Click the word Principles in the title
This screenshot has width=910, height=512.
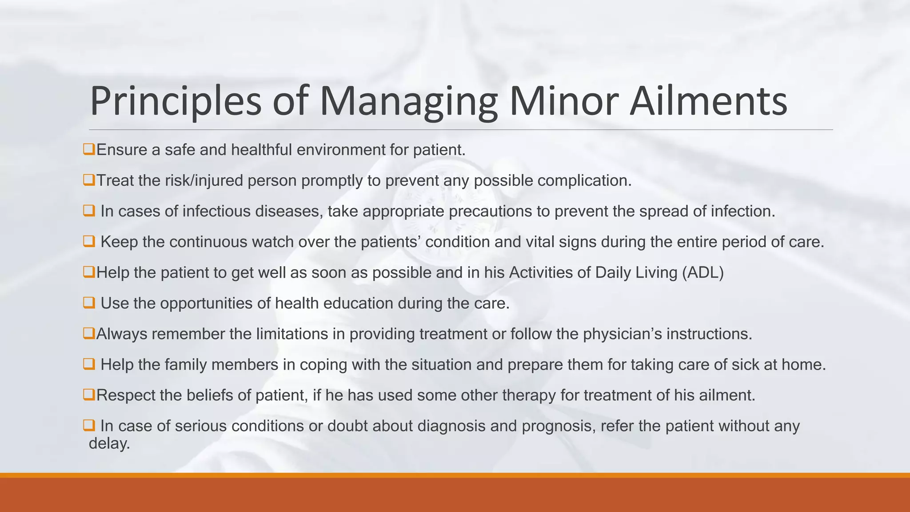pyautogui.click(x=176, y=101)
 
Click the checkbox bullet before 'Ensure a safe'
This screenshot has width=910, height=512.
pyautogui.click(x=89, y=149)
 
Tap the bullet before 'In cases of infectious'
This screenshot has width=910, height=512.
pyautogui.click(x=89, y=211)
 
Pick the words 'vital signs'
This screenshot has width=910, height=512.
pyautogui.click(x=561, y=242)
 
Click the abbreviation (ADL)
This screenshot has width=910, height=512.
pyautogui.click(x=702, y=272)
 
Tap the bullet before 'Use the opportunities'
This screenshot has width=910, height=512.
pyautogui.click(x=89, y=303)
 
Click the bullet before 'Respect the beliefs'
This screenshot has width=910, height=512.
pyautogui.click(x=89, y=394)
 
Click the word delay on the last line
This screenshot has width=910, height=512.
pyautogui.click(x=109, y=443)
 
